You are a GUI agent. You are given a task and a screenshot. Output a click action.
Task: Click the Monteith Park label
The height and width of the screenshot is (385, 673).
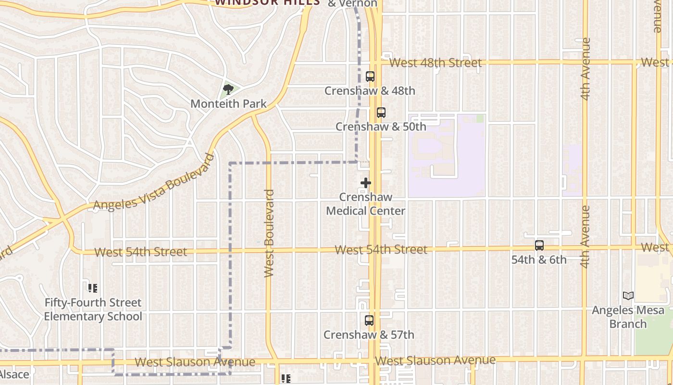228,103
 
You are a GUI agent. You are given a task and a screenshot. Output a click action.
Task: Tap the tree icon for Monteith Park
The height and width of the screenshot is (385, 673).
228,89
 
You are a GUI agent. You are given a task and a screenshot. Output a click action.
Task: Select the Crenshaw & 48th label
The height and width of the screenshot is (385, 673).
370,90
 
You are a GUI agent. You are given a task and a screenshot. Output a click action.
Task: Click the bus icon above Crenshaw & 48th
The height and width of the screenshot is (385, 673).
370,76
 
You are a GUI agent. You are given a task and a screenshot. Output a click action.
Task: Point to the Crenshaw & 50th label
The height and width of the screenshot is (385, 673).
381,127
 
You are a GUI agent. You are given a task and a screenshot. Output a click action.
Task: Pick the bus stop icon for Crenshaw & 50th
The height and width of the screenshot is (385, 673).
381,113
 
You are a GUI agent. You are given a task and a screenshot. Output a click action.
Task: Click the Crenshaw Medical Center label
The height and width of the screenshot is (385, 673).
366,204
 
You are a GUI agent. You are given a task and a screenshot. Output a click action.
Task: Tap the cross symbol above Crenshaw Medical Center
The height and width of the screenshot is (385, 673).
366,183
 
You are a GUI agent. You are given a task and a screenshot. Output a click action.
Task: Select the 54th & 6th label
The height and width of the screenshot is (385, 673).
539,260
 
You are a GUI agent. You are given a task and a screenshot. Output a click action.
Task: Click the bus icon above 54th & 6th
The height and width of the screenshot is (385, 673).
539,245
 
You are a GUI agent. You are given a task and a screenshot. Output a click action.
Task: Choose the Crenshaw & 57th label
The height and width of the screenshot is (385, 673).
369,335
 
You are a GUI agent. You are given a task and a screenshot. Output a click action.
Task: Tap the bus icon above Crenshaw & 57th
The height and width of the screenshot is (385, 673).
369,321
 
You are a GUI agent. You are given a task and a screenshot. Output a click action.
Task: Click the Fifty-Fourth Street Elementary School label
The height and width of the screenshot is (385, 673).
93,309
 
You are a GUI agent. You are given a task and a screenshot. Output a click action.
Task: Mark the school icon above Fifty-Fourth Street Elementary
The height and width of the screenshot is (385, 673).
93,288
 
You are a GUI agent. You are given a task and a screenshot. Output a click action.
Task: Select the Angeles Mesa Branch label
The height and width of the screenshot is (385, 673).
628,317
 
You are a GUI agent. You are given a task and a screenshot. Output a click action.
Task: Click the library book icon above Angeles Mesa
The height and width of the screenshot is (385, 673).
628,295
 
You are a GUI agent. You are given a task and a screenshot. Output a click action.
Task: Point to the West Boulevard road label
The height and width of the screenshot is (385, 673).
269,233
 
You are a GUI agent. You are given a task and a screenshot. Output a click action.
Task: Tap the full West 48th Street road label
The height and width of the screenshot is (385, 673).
435,63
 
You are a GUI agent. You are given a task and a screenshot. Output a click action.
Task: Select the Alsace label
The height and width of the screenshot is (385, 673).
14,374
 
